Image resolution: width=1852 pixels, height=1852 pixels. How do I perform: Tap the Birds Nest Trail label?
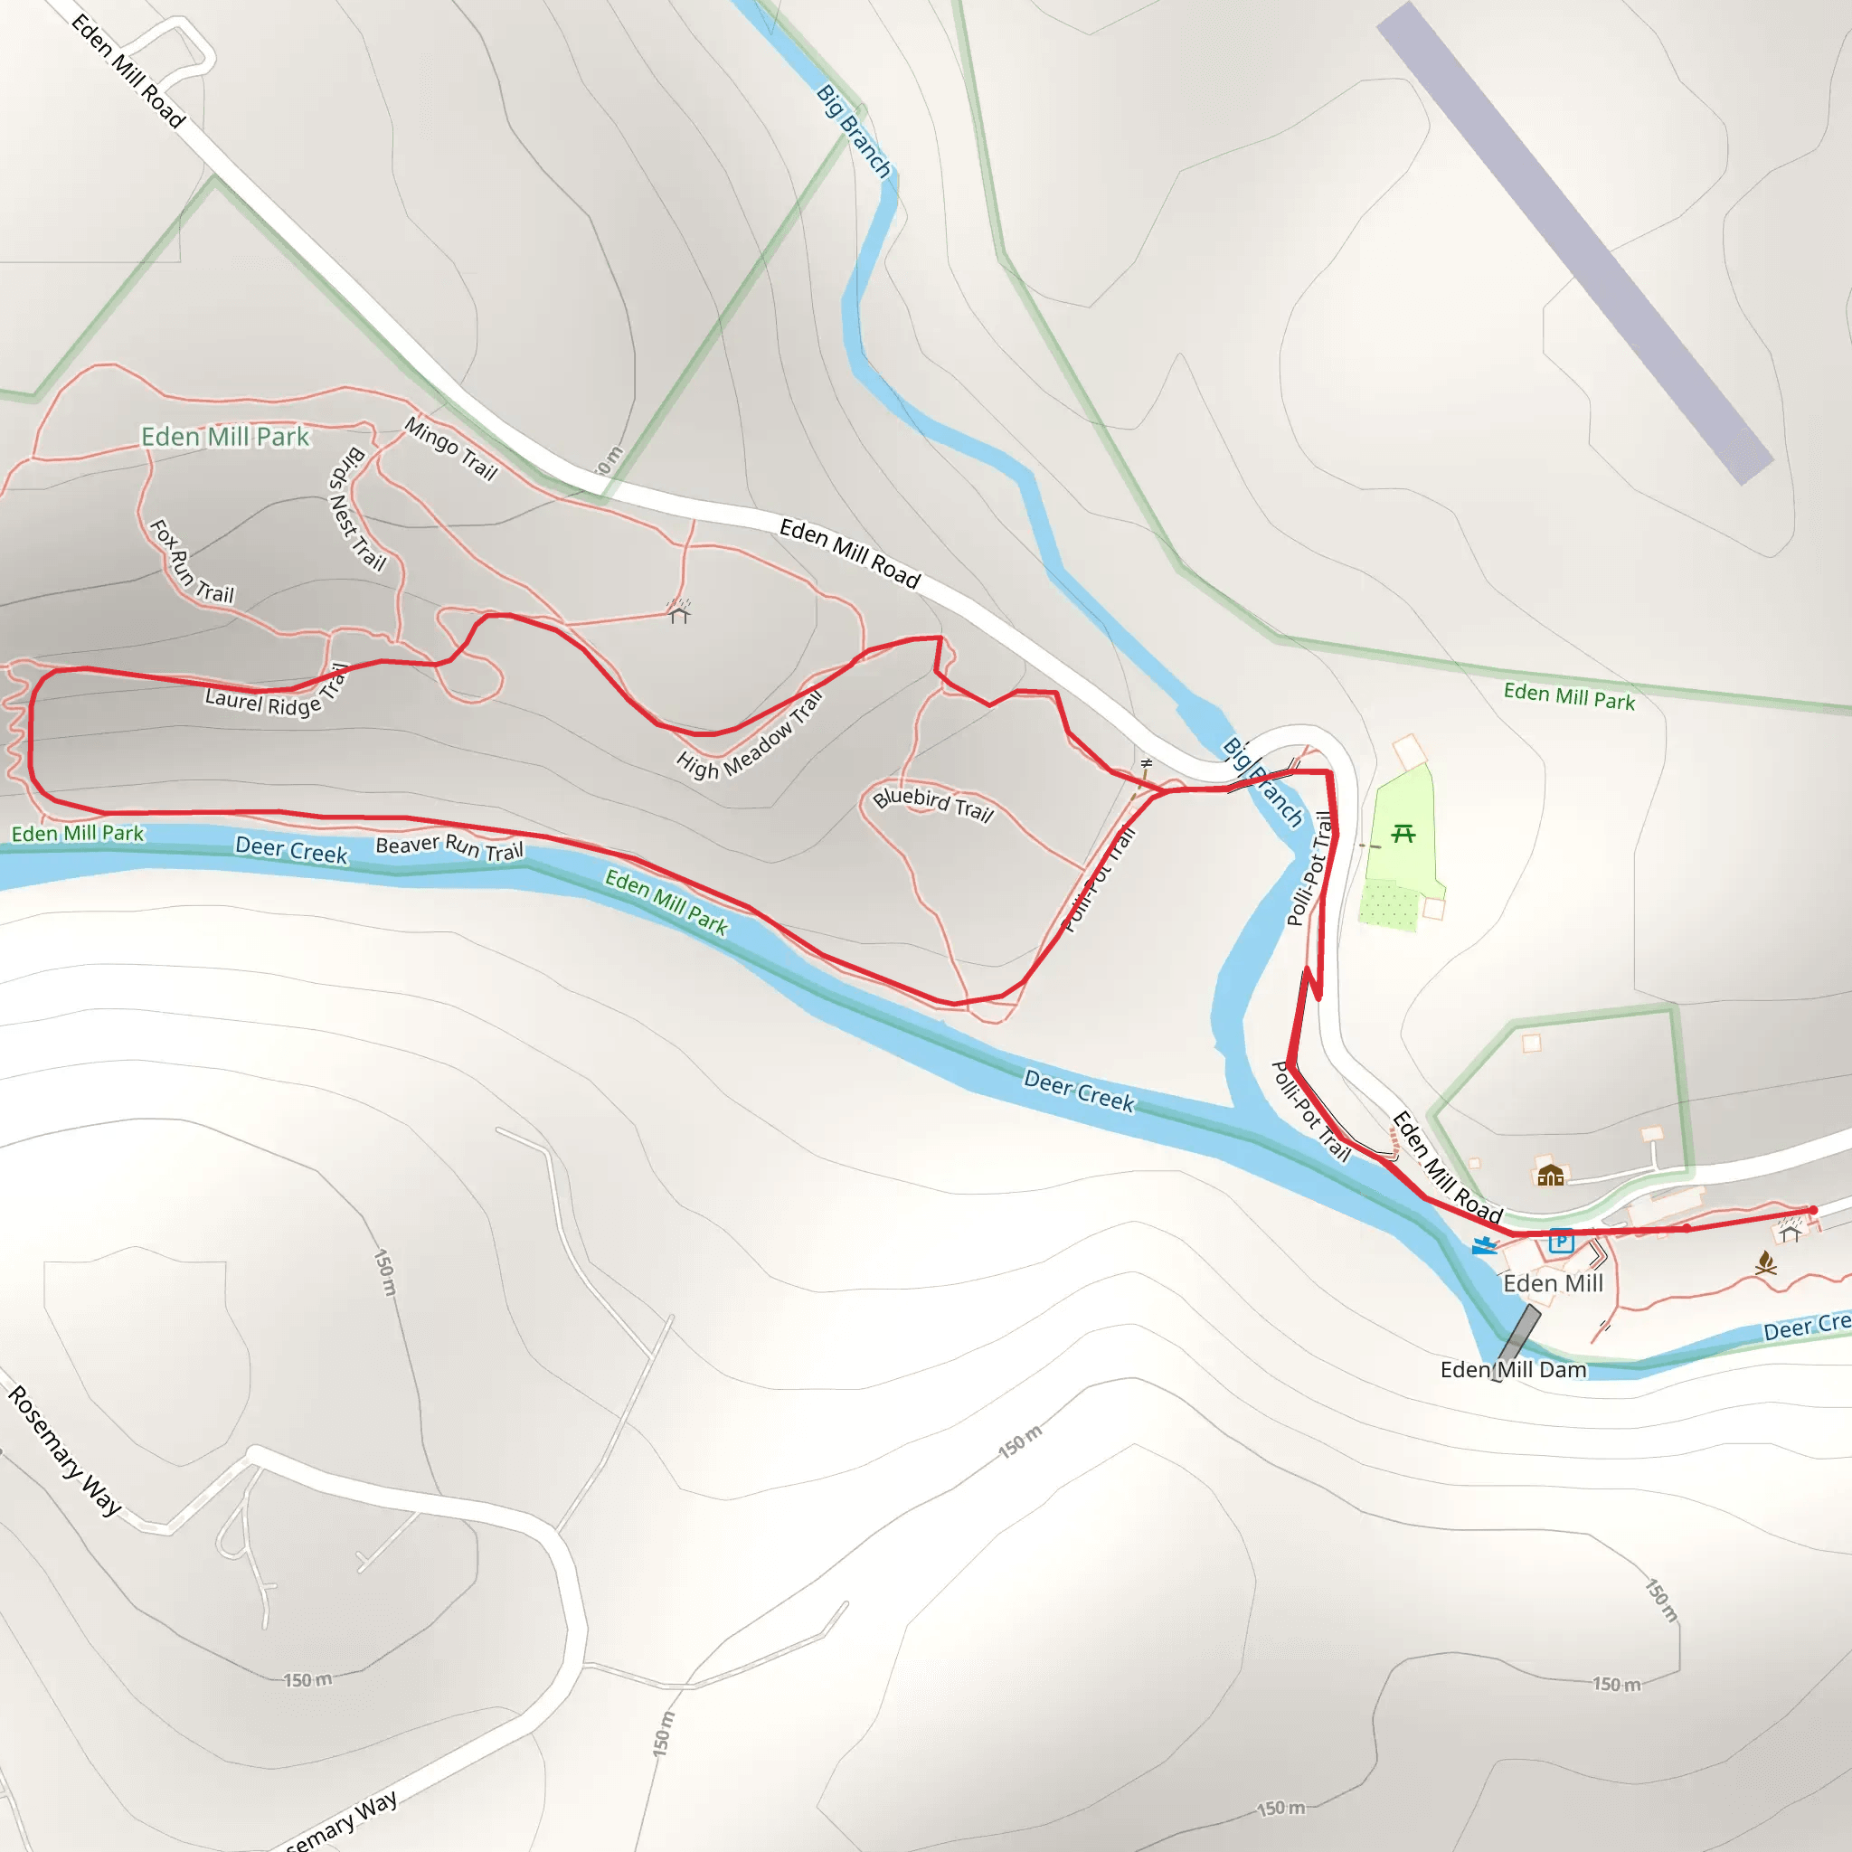(x=356, y=509)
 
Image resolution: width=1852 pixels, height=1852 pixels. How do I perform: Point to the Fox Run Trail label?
(x=192, y=562)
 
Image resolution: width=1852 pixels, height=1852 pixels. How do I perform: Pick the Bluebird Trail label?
(x=932, y=804)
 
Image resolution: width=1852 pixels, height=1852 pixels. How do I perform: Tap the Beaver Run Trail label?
(x=449, y=846)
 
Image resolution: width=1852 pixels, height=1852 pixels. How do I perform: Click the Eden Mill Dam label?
(x=1513, y=1370)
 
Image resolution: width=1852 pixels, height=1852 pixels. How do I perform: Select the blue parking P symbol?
(x=1561, y=1242)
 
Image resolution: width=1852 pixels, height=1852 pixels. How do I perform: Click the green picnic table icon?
(x=1403, y=833)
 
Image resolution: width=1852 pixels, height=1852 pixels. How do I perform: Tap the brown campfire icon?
(x=1766, y=1264)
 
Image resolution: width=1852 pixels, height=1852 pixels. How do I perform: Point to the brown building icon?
(x=1550, y=1176)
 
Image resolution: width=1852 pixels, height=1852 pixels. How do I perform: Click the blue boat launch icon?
(x=1485, y=1245)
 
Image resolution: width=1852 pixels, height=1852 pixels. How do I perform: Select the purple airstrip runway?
(x=1574, y=242)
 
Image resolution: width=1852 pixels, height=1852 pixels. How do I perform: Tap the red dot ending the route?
(x=1813, y=1211)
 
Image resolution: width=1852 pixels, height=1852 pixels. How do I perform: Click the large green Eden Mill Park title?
(x=225, y=437)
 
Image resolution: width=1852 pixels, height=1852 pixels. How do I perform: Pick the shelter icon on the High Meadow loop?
(x=679, y=611)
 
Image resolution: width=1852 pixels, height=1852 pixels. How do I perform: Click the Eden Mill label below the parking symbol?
(x=1553, y=1283)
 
